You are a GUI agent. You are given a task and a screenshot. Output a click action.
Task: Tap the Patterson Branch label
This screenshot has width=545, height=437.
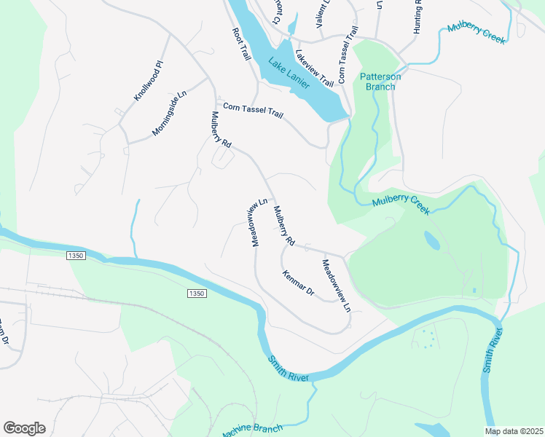point(377,82)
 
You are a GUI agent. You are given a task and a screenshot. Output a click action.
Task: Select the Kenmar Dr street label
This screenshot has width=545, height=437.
point(298,283)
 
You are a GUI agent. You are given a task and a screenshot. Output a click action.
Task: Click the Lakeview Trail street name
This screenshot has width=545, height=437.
point(314,67)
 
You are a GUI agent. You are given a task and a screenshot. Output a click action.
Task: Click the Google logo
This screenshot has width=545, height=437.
point(24,428)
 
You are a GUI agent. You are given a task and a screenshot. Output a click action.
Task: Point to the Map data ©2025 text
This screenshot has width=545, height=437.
point(513,431)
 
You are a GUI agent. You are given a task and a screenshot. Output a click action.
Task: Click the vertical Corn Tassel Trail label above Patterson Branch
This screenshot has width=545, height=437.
point(346,55)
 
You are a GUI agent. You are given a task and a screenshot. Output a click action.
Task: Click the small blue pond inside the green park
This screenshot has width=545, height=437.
point(431,241)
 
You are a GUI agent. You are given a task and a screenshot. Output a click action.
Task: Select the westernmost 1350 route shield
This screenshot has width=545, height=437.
point(76,256)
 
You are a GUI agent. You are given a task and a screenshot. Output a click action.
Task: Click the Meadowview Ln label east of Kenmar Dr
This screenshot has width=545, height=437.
point(337,286)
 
